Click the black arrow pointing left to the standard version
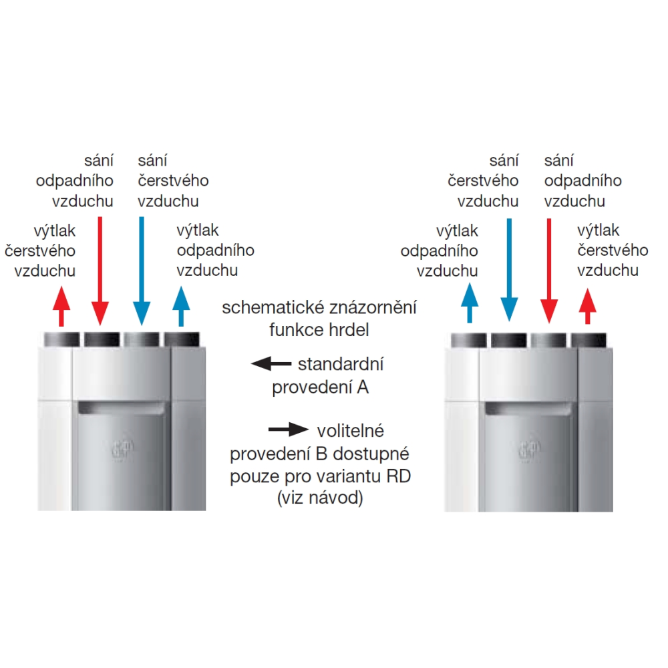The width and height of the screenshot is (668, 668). (271, 364)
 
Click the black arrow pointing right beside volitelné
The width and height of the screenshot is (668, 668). (289, 430)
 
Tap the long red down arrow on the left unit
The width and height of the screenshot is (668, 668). (100, 271)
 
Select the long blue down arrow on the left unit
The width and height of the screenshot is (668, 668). (142, 271)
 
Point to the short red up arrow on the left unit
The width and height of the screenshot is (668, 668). (61, 307)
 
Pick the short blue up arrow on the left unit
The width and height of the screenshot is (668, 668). (181, 307)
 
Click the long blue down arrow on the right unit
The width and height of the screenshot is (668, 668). (509, 270)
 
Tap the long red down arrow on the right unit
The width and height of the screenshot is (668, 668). (549, 271)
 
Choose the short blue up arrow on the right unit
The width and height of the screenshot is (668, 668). (470, 303)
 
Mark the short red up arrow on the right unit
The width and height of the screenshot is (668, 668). (588, 307)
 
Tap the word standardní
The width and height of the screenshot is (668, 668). (341, 365)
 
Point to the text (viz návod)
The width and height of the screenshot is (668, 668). (320, 498)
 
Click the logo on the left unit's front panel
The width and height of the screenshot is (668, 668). (122, 449)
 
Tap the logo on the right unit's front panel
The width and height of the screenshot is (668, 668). (530, 450)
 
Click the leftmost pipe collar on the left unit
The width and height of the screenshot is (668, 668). (61, 339)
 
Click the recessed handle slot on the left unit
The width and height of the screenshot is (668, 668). (122, 408)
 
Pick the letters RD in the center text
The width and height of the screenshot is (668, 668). (399, 476)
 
